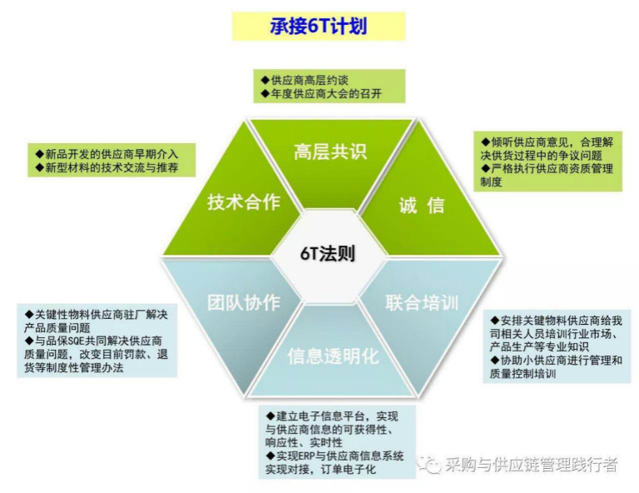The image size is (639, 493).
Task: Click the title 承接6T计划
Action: [319, 26]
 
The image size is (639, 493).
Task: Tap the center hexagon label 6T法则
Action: [328, 253]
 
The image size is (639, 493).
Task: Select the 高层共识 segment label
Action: [330, 152]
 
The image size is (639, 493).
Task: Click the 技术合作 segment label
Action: [244, 202]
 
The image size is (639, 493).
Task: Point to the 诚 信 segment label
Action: [421, 204]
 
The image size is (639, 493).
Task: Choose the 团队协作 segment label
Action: [244, 302]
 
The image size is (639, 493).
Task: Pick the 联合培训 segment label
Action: [422, 302]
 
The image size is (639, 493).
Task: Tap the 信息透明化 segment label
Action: [333, 356]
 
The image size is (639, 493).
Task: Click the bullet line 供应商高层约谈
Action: [305, 80]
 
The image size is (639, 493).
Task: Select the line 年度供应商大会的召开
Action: [321, 94]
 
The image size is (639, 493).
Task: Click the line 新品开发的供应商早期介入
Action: [106, 154]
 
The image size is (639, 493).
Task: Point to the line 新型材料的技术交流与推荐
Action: [106, 167]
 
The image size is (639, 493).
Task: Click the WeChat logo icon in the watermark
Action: [429, 464]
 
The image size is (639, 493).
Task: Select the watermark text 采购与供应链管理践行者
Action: [531, 464]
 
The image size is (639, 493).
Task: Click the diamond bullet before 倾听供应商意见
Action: [485, 142]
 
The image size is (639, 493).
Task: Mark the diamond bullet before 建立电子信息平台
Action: [270, 416]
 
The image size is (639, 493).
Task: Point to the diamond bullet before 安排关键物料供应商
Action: [495, 320]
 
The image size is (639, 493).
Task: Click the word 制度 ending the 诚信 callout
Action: [491, 182]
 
